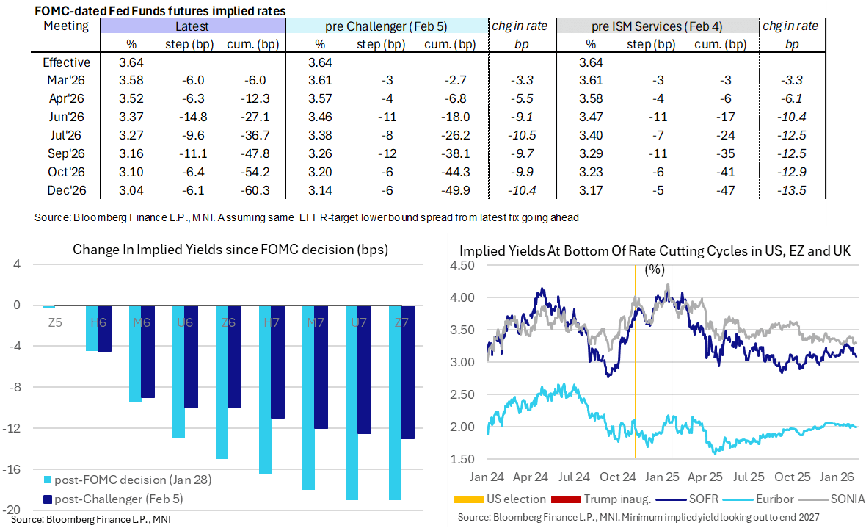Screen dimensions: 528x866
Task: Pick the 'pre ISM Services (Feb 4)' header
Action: (x=658, y=26)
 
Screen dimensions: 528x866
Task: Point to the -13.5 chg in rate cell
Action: (x=793, y=189)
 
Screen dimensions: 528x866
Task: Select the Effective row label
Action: (x=66, y=62)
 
